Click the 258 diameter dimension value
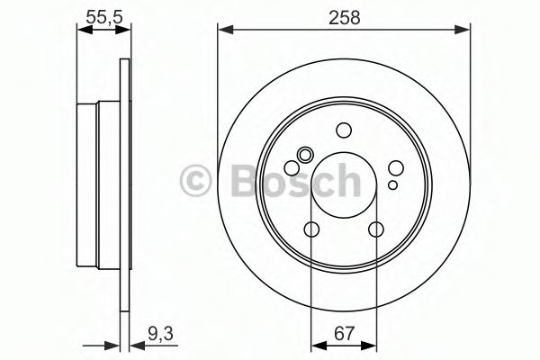pos(344,17)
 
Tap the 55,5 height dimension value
pos(104,17)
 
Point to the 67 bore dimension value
pos(344,333)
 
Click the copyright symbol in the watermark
pos(195,180)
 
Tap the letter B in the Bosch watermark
pos(245,180)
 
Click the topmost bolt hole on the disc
pos(344,130)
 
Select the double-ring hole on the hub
pos(305,155)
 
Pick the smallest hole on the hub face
pos(392,185)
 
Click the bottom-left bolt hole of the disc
pos(311,229)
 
